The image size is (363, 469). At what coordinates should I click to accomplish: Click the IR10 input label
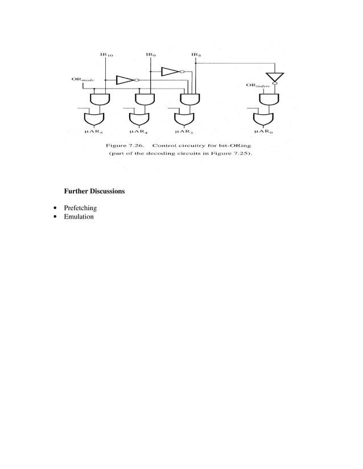click(106, 56)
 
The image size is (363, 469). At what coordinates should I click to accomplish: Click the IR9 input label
click(151, 56)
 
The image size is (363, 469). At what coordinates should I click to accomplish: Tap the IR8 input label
click(196, 56)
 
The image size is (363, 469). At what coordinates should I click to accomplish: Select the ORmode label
click(82, 79)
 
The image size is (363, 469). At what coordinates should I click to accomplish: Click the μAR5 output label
click(94, 132)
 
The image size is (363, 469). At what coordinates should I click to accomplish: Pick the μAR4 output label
click(138, 132)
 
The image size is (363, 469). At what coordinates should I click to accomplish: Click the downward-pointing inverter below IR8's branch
click(274, 77)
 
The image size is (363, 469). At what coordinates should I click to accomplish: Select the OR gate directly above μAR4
click(138, 119)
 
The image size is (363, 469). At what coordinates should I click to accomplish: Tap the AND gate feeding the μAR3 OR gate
click(188, 99)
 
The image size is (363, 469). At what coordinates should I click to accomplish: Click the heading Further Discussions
click(94, 191)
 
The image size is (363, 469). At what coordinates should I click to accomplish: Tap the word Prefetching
click(80, 208)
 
